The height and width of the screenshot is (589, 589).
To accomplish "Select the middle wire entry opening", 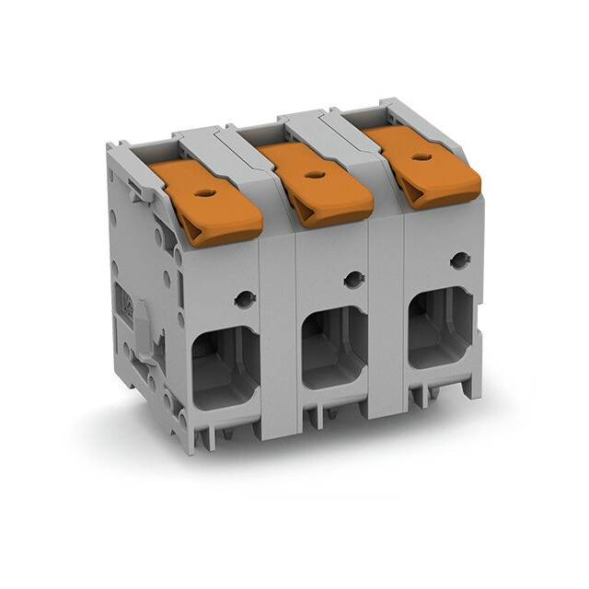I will tap(335, 348).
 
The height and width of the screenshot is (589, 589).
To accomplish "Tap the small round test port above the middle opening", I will tap(352, 280).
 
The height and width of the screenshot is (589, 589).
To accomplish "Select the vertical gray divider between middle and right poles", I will tap(387, 304).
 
